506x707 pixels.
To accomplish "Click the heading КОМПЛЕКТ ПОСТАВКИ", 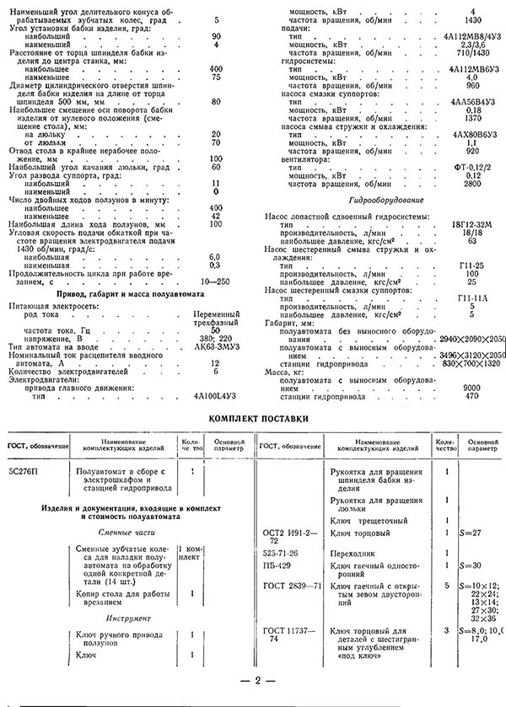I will (x=253, y=417).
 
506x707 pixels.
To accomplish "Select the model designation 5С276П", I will (x=26, y=471).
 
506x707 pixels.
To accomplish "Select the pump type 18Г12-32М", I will (x=471, y=224).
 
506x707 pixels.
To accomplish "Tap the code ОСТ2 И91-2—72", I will (x=285, y=538).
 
